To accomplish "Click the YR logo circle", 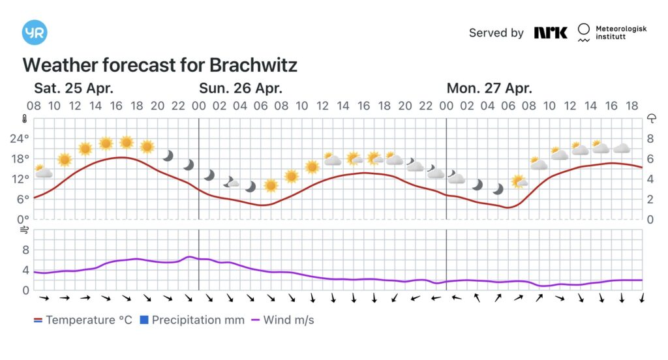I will point(34,33).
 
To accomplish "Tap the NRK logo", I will point(551,33).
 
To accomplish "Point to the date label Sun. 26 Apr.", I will point(240,88).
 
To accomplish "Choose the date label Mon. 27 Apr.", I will point(489,88).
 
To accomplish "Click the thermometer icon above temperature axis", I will point(24,119).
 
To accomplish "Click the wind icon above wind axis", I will point(24,230).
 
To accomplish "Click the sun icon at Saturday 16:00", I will point(126,142).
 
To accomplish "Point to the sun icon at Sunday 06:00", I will point(271,185).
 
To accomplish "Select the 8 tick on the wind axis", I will point(26,250).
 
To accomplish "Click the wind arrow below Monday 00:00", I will point(457,298).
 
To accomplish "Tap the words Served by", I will point(496,33).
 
